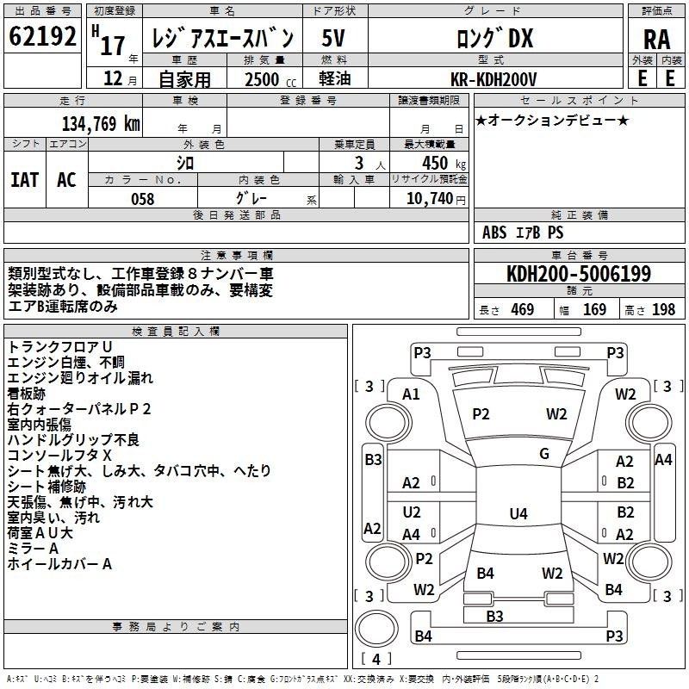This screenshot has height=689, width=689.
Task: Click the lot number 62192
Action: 42,36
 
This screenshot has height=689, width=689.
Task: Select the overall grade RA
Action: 656,40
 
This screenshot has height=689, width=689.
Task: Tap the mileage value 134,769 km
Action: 101,123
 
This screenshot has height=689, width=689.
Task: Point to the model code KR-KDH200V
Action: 493,79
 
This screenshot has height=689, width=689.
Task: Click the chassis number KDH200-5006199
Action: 579,273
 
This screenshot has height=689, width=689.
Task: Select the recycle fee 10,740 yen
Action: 436,199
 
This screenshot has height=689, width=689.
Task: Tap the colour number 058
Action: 143,199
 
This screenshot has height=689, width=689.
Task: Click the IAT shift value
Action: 25,180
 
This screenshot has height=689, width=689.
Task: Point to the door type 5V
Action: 333,38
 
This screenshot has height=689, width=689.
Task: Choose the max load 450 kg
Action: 444,163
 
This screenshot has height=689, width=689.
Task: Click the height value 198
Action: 663,309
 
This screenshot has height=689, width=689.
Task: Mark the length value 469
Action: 523,309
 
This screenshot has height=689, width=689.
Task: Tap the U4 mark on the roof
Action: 518,513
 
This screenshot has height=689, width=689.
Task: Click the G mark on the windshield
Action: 544,454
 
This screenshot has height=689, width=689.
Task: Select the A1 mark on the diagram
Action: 411,394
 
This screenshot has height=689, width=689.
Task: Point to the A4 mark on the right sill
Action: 663,460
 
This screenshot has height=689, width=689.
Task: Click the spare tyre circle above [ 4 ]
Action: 376,629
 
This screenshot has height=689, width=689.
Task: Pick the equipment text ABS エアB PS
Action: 523,232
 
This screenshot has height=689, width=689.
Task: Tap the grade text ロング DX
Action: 494,38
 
